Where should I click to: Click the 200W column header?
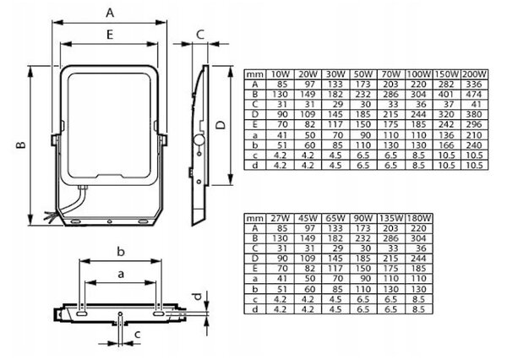click(474, 74)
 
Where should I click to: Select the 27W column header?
click(280, 218)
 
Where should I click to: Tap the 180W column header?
click(419, 218)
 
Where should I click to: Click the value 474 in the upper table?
click(474, 95)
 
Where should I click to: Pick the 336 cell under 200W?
click(474, 85)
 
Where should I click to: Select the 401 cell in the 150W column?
click(446, 95)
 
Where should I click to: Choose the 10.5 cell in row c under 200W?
click(474, 155)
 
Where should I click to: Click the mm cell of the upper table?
click(255, 74)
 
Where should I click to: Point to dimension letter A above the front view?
click(110, 13)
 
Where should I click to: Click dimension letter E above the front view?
click(110, 35)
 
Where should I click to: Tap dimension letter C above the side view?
click(200, 35)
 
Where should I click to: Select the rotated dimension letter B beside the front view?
click(20, 145)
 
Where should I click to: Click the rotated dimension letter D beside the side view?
click(221, 125)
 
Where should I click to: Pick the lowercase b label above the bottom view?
click(121, 251)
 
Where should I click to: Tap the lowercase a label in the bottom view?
click(121, 275)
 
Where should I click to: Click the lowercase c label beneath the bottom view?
click(138, 334)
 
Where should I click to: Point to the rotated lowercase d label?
click(198, 296)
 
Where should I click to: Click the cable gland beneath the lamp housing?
click(83, 188)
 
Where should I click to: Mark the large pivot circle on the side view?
click(199, 139)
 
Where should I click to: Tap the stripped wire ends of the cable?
click(51, 216)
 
